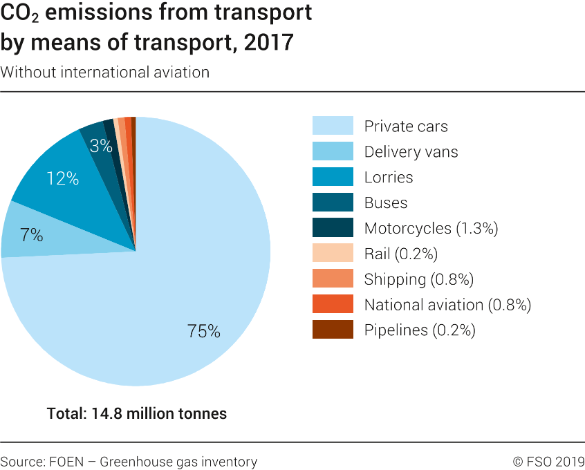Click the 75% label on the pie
pos(203,332)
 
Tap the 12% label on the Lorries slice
pos(62,178)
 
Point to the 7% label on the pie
pos(32,235)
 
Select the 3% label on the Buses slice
pos(101,145)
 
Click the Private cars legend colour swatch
pos(333,126)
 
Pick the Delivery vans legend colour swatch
pos(333,151)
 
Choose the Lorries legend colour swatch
pos(333,177)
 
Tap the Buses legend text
pos(385,203)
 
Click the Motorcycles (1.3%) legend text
pos(431,228)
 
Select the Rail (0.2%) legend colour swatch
pos(333,254)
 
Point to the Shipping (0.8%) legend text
pos(418,279)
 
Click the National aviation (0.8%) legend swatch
pos(333,305)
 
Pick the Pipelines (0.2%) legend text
pos(420,330)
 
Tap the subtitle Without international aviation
pos(105,72)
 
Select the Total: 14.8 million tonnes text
pos(137,414)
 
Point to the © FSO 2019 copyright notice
pos(548,462)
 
